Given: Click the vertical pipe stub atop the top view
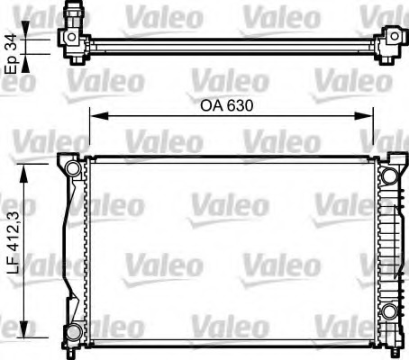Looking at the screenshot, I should point(75,15).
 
